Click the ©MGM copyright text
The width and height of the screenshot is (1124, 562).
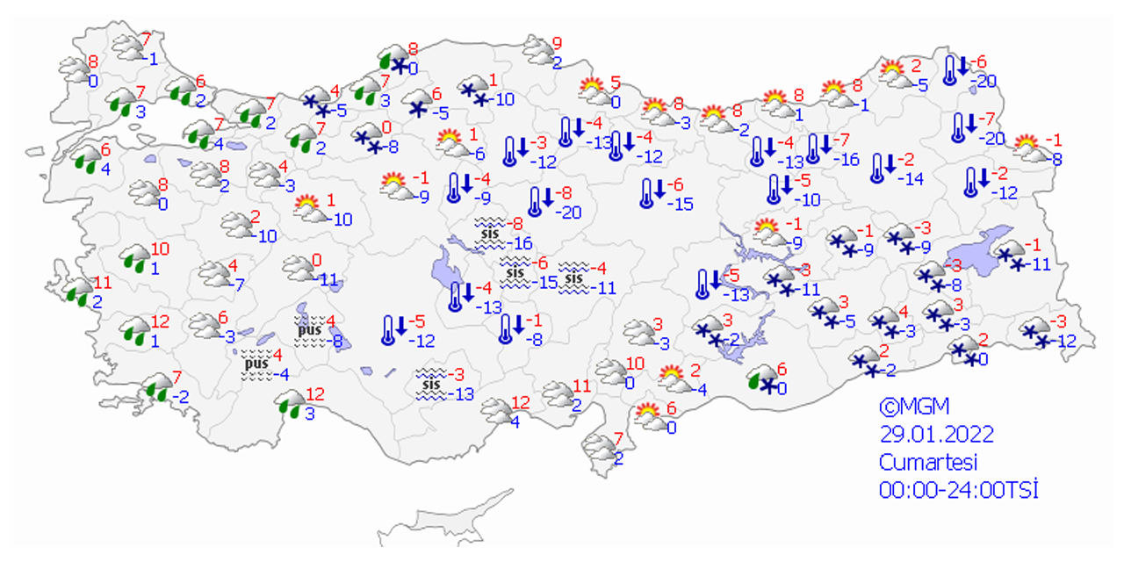click(x=914, y=407)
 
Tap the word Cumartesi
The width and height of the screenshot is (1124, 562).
click(x=928, y=462)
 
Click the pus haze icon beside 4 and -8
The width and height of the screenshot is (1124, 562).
click(x=309, y=332)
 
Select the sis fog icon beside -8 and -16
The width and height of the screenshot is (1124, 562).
click(x=488, y=232)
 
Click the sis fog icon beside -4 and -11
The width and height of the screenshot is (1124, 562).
click(x=574, y=277)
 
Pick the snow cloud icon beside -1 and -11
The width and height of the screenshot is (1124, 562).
click(x=1010, y=255)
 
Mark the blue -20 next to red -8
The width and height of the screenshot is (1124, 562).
click(x=571, y=212)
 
